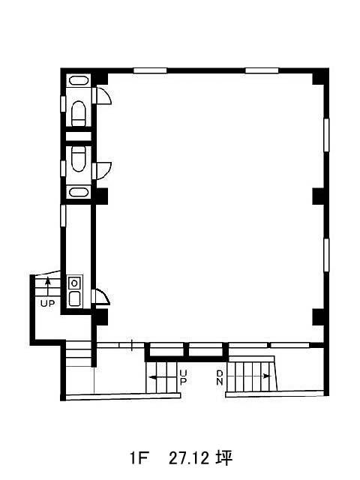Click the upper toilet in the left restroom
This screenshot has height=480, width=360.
pos(78,113)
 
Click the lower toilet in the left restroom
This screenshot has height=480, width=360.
pos(78,159)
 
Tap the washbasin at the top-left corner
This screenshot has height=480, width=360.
pos(79,80)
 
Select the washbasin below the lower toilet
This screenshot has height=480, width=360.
pos(79,192)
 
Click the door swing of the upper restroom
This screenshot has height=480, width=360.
pos(104,95)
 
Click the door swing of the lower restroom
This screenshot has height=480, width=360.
pos(104,171)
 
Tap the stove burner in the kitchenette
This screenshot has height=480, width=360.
pos(74,283)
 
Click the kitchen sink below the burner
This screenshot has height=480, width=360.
pos(75,298)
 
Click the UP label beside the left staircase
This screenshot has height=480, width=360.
pos(47,304)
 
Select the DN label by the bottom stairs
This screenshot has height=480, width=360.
pos(220,377)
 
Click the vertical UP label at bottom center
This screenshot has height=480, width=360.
pos(183,377)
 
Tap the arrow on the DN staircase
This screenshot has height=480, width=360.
pos(249,376)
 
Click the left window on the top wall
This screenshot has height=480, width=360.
pos(150,70)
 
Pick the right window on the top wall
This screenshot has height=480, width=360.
pos(262,70)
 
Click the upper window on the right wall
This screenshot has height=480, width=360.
pos(326,135)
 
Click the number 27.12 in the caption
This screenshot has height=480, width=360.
pos(189,458)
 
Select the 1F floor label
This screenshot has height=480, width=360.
pos(139,458)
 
